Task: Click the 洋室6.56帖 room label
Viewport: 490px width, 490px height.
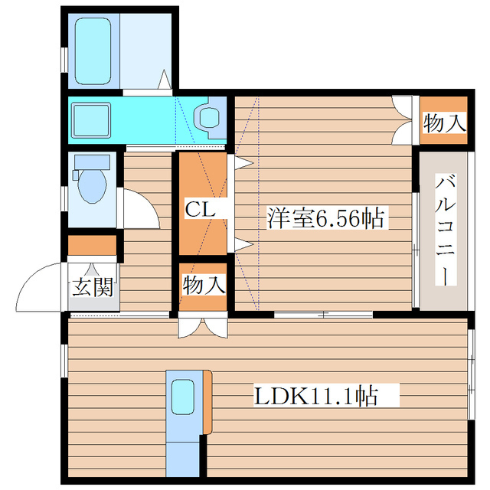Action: coord(325,218)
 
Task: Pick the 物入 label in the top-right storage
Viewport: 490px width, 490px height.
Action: coord(444,122)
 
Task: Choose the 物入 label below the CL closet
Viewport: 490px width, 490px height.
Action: coord(204,286)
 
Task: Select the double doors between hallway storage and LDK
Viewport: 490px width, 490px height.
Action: coord(203,325)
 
